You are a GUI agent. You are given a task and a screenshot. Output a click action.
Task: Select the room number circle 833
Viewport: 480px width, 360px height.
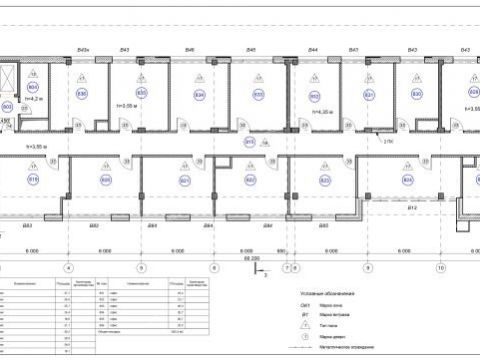(259, 95)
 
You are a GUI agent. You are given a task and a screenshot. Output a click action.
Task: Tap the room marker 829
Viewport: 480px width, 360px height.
(473, 95)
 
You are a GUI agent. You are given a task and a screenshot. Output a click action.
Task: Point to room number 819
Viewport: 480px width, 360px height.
(33, 180)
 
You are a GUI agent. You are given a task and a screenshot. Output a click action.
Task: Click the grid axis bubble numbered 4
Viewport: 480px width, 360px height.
(68, 268)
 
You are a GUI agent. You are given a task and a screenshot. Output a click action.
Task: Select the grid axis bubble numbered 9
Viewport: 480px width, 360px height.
(367, 268)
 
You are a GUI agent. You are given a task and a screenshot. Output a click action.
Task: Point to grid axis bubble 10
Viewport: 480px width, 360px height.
(439, 268)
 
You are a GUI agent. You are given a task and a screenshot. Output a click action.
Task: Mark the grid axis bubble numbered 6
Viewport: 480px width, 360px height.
(213, 268)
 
